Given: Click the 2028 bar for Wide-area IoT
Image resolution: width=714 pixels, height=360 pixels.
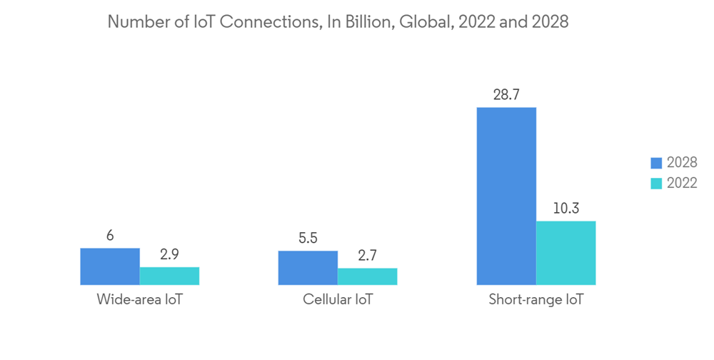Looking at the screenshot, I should click(110, 266).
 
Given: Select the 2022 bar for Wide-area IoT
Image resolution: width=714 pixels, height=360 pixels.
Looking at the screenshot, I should click(169, 276).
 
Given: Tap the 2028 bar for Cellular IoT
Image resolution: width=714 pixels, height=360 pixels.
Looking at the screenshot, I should click(308, 268).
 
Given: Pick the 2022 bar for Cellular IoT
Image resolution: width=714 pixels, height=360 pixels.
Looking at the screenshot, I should click(367, 276).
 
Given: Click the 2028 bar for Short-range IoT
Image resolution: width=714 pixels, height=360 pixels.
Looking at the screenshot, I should click(506, 196).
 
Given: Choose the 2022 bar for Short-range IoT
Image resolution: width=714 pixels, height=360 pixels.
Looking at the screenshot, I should click(565, 253).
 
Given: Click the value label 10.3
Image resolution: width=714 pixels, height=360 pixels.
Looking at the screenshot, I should click(565, 209).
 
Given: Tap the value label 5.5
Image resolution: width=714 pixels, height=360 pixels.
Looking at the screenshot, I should click(308, 239).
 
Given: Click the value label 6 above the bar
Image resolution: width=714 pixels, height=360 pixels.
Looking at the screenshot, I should click(110, 236).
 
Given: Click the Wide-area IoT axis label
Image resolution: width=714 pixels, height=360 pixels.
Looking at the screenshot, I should click(140, 299).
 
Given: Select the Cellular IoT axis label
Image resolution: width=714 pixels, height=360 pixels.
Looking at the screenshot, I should click(338, 299).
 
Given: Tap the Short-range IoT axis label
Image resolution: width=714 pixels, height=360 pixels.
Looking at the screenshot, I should click(535, 299).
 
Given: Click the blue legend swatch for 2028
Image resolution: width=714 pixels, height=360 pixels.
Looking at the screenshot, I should click(656, 163).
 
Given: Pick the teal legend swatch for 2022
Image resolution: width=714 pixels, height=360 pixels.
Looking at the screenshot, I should click(656, 183).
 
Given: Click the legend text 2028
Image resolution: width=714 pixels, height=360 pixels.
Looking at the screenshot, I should click(682, 163).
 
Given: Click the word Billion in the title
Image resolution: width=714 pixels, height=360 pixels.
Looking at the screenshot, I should click(368, 22).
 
